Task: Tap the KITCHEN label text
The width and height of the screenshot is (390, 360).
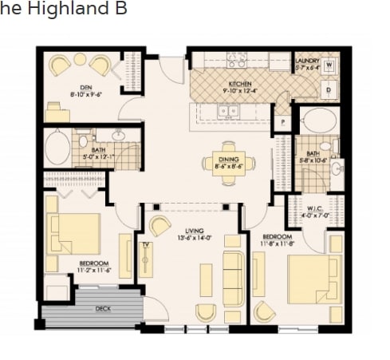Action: [240, 83]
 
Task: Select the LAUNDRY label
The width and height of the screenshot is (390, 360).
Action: [307, 61]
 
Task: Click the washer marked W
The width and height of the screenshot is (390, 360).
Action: [329, 65]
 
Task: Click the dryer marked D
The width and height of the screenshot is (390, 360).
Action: [328, 90]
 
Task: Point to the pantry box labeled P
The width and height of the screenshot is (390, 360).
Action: [282, 122]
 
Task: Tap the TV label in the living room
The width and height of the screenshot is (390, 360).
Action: [146, 245]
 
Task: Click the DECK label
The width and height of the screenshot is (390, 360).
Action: [102, 308]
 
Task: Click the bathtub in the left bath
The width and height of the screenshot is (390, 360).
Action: [57, 148]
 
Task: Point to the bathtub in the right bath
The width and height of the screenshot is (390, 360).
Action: [320, 121]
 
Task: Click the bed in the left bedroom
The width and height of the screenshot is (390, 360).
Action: [74, 233]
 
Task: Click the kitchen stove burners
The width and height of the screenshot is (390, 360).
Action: [237, 59]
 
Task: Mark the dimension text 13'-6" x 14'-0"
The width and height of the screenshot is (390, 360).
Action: [193, 216]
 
